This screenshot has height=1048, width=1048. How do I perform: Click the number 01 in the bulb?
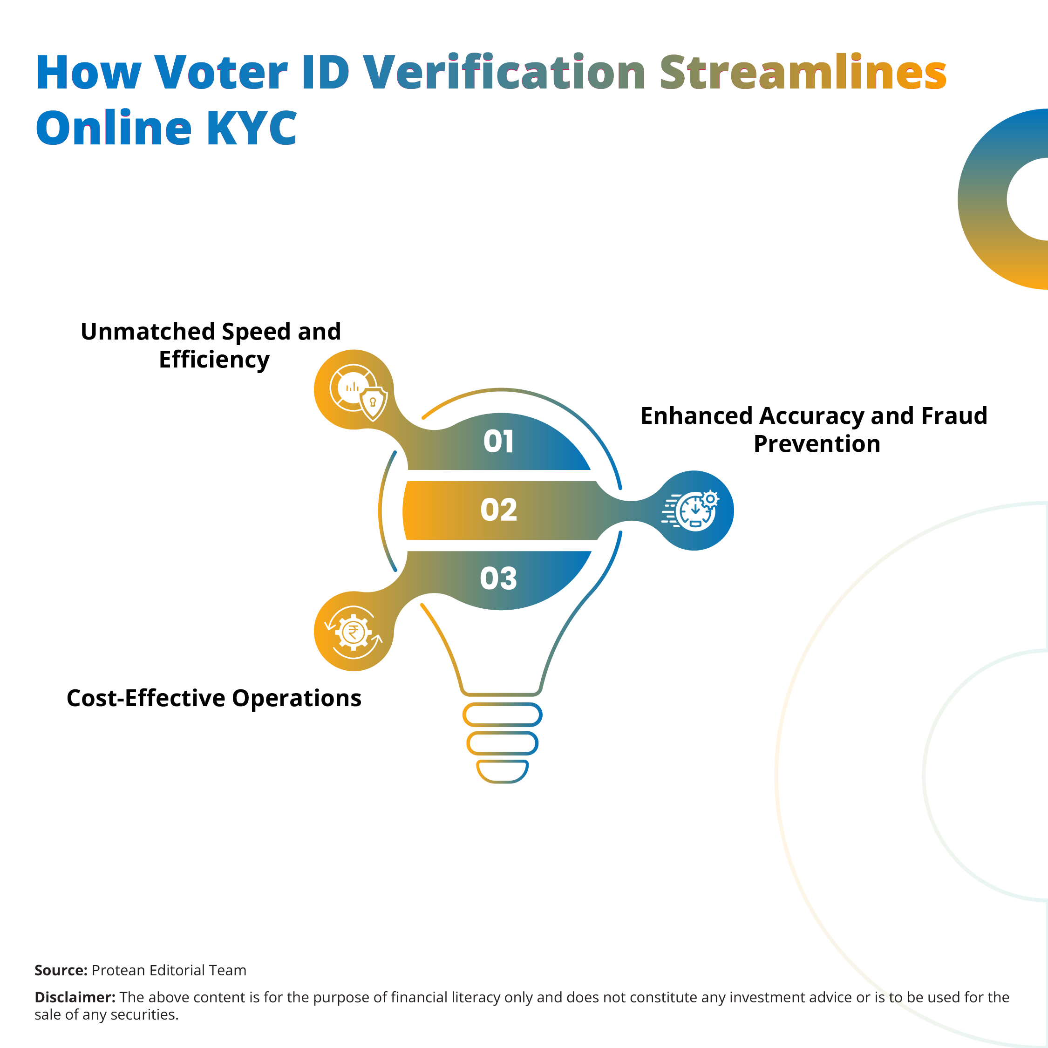click(x=498, y=441)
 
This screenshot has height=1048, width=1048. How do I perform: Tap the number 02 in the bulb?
click(x=498, y=510)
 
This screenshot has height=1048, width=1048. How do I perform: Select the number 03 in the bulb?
click(x=498, y=578)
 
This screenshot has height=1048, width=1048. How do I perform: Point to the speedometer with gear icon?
click(x=691, y=510)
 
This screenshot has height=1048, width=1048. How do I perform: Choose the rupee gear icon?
click(x=354, y=632)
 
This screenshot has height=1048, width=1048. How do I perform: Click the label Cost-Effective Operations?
click(x=214, y=698)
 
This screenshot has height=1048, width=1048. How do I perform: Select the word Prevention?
click(x=817, y=444)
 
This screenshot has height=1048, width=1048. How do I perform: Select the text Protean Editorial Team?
click(x=169, y=970)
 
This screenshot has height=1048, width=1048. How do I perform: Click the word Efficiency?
click(x=214, y=360)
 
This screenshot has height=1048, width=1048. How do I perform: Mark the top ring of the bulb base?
click(x=502, y=715)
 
